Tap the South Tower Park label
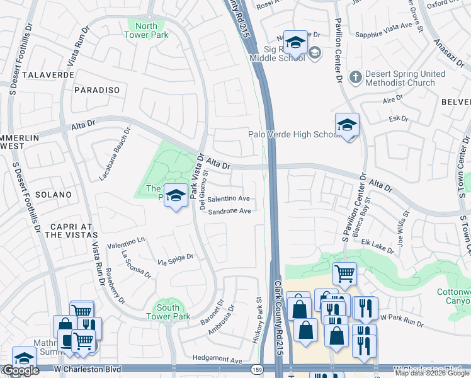[173, 312]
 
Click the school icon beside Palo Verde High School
[347, 125]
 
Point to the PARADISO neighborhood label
[97, 90]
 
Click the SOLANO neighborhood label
[54, 195]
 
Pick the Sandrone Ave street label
[230, 211]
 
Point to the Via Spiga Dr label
[175, 258]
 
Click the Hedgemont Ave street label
[217, 360]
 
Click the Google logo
[21, 370]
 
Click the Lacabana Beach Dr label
[114, 154]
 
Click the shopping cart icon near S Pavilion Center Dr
[344, 273]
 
